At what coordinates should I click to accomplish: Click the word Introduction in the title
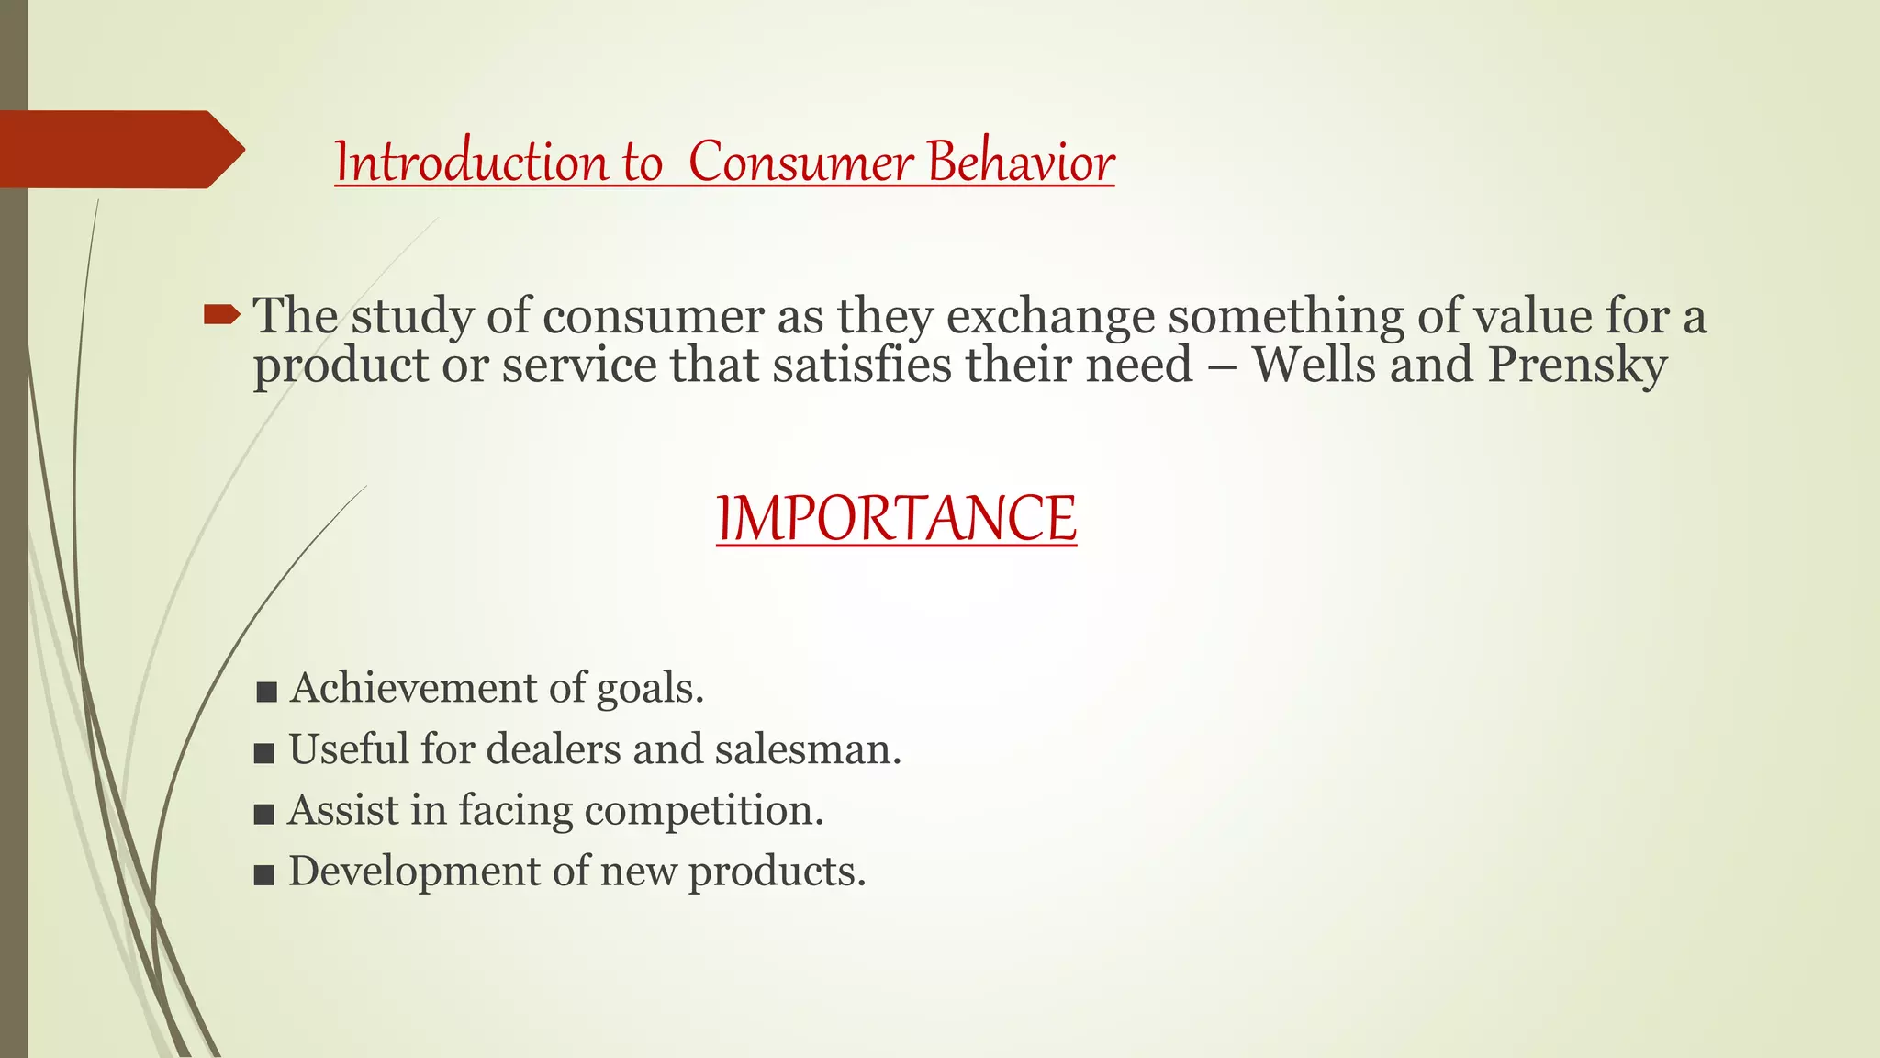pos(471,163)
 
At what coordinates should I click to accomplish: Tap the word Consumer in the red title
pos(800,163)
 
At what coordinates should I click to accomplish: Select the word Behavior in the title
pos(1021,163)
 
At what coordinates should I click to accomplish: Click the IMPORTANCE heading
pos(896,519)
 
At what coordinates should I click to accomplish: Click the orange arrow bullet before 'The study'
pos(220,317)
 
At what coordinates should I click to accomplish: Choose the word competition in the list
pos(704,811)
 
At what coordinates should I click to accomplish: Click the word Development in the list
pos(414,872)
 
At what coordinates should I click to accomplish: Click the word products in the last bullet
pos(777,872)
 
